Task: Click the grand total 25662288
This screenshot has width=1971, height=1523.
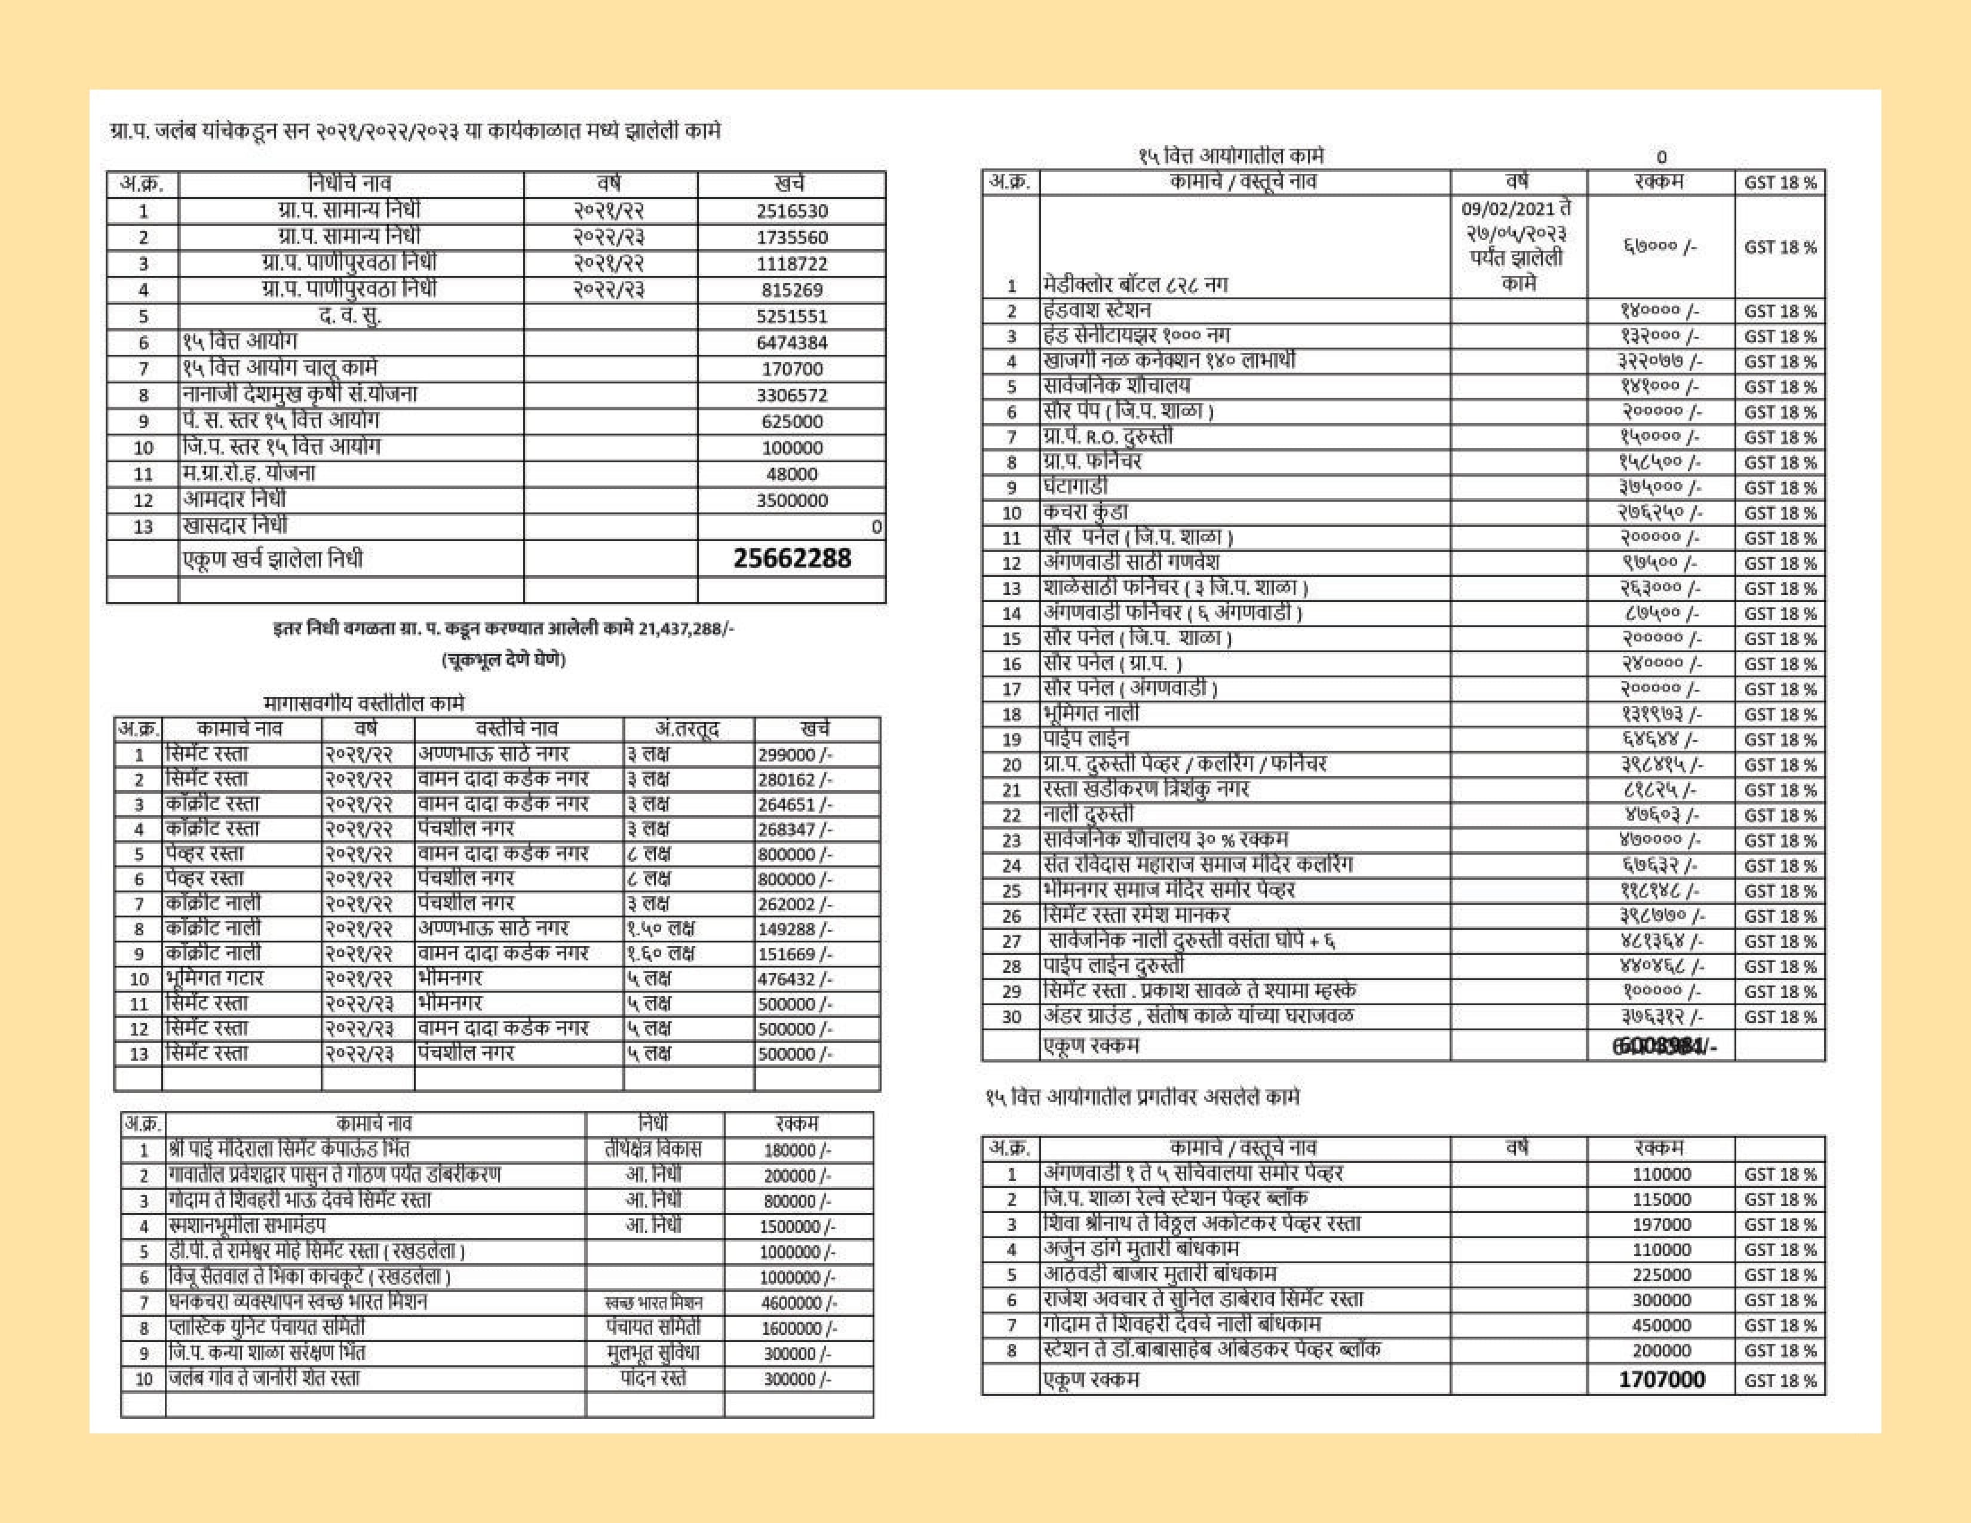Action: click(791, 558)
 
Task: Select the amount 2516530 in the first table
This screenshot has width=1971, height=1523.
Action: click(791, 211)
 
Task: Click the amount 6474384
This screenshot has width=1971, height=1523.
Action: click(791, 343)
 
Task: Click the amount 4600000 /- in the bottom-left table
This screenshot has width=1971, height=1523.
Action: click(799, 1303)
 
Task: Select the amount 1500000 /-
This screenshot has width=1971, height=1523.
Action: click(799, 1227)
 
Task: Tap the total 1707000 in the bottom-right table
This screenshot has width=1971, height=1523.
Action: click(1662, 1380)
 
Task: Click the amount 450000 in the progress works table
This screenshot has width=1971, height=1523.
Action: click(1662, 1325)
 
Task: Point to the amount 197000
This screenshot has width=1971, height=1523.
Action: click(1662, 1225)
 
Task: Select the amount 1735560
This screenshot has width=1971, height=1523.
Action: click(791, 237)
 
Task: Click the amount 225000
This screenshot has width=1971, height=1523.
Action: click(1662, 1276)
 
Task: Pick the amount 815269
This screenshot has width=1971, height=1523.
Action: click(791, 290)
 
